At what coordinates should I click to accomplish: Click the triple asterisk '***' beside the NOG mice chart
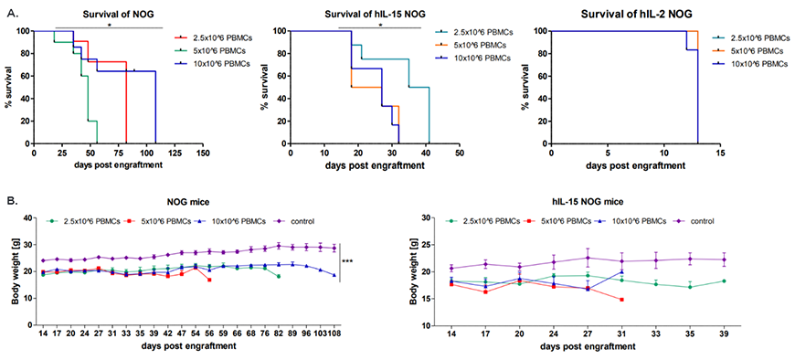348,261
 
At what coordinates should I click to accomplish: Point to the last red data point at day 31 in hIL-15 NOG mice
621,300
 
